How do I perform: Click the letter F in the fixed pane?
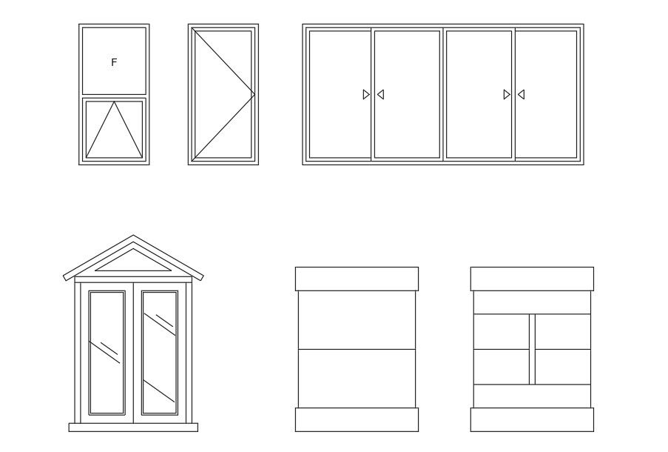[114, 62]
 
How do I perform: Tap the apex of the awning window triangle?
[114, 102]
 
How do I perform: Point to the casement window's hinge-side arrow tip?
[254, 94]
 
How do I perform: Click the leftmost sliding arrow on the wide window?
[366, 94]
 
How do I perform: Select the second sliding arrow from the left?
[380, 94]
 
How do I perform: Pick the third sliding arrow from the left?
[507, 94]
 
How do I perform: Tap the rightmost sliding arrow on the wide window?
[521, 94]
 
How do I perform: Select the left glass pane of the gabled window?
[107, 353]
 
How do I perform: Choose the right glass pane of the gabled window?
[160, 353]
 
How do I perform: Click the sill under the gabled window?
[133, 428]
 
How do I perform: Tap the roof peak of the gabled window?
[133, 235]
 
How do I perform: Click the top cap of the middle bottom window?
[357, 279]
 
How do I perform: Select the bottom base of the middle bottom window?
[357, 419]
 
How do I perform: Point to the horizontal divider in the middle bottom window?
[357, 349]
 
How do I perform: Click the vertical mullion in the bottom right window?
[532, 349]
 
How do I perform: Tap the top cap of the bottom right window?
[532, 279]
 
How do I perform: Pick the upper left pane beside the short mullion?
[502, 332]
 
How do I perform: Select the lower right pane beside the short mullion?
[563, 367]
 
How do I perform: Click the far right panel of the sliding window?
[546, 94]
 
